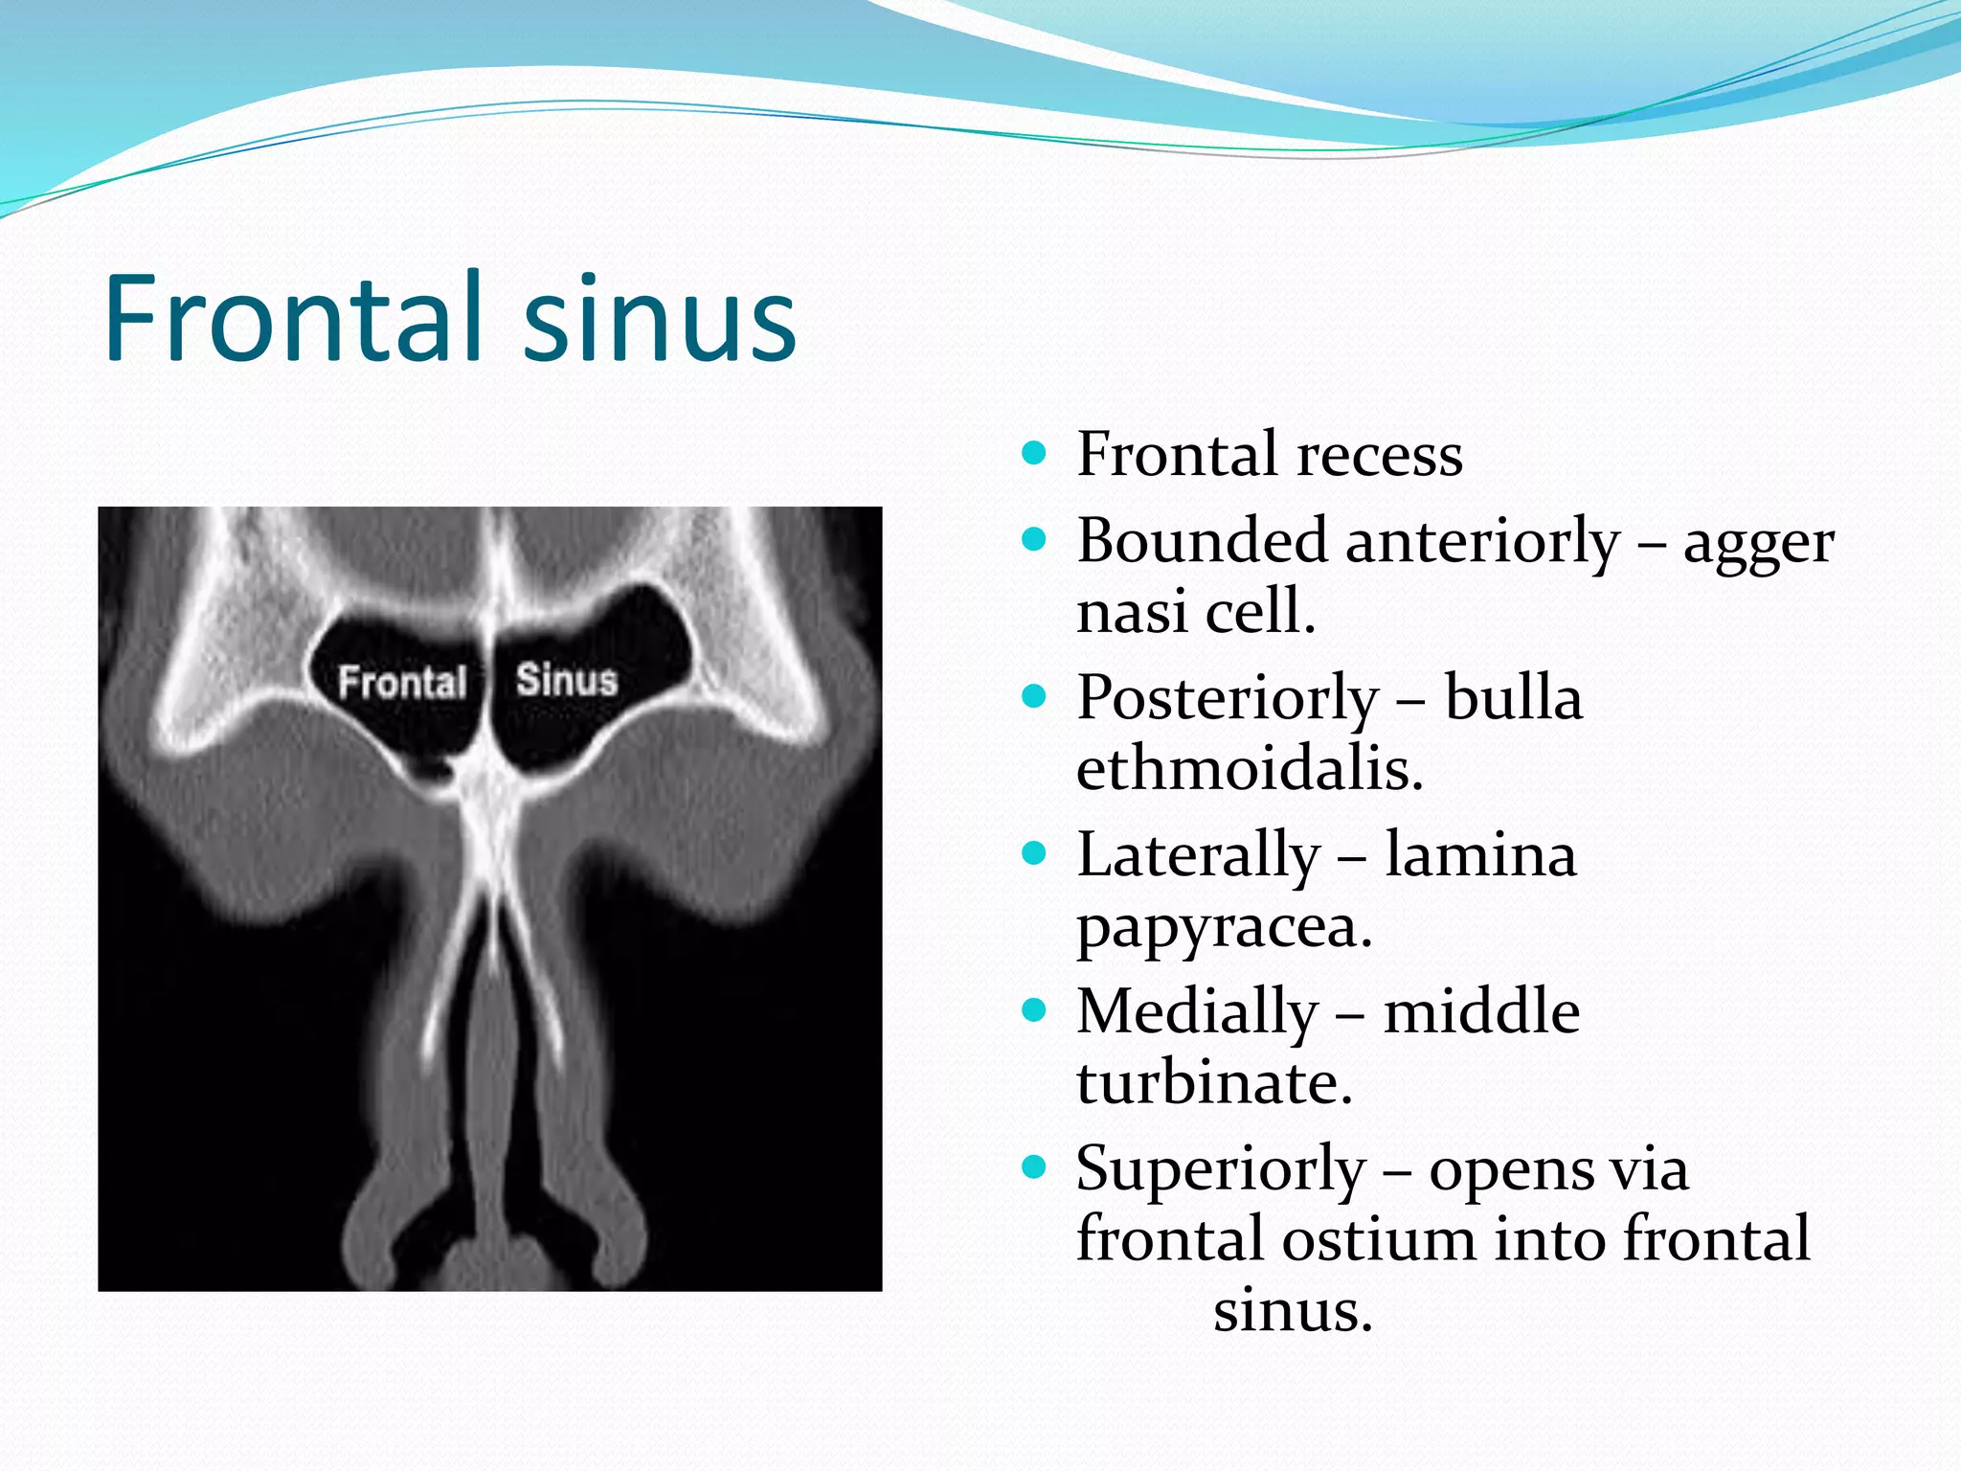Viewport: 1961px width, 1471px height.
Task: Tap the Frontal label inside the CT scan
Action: pyautogui.click(x=402, y=682)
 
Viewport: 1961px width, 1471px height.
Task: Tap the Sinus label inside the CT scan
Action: pyautogui.click(x=567, y=679)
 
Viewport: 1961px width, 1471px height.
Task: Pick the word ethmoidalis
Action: pyautogui.click(x=1250, y=768)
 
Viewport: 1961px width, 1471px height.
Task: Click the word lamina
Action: pyautogui.click(x=1480, y=854)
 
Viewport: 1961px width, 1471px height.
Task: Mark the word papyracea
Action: pyautogui.click(x=1225, y=927)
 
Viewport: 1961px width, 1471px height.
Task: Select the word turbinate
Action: pyautogui.click(x=1214, y=1082)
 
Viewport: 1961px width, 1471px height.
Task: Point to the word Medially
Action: pyautogui.click(x=1197, y=1013)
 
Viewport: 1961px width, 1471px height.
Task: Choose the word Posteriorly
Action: pyautogui.click(x=1228, y=699)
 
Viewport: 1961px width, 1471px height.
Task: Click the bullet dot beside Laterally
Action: pyautogui.click(x=1034, y=852)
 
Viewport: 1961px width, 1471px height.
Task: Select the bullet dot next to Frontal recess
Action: pyautogui.click(x=1034, y=452)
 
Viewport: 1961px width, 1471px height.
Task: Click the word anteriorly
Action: pyautogui.click(x=1482, y=542)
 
